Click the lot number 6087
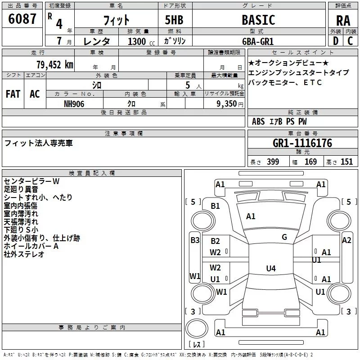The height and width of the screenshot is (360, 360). [22, 19]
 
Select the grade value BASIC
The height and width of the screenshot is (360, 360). [258, 20]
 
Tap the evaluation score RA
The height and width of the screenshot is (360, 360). [343, 21]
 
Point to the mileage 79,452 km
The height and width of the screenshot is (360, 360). [54, 64]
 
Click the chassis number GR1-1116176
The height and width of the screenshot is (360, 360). [302, 143]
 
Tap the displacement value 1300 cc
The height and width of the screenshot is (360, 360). [137, 41]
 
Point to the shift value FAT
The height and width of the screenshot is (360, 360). [13, 94]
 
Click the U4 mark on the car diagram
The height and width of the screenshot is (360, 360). [270, 269]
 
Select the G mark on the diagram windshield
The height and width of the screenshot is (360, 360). [284, 237]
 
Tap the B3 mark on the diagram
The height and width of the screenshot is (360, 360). [195, 240]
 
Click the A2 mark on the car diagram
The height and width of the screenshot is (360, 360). [346, 240]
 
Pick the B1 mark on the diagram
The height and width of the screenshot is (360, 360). [216, 206]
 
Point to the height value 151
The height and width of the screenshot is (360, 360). [346, 162]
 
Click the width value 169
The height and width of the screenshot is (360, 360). [310, 162]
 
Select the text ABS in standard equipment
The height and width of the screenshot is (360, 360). [258, 121]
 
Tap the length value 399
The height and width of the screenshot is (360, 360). [273, 162]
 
